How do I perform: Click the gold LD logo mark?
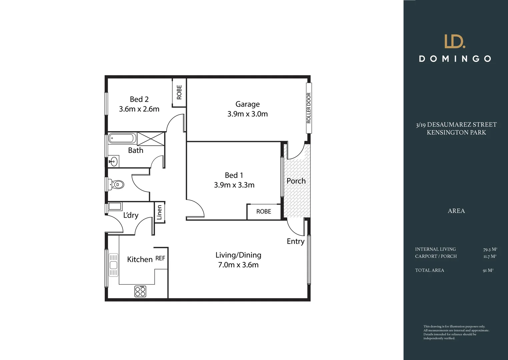tap(455, 41)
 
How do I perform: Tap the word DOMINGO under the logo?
tap(455, 59)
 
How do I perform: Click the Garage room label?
tap(247, 104)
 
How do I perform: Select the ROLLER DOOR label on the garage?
tap(309, 108)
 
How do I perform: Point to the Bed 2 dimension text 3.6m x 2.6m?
tap(139, 109)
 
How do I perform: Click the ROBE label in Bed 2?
tap(179, 92)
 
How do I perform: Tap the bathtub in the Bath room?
tap(122, 138)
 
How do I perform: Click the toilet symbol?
tap(116, 184)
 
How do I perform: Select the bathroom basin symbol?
tap(113, 162)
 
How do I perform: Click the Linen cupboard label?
tap(159, 212)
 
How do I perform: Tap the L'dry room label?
tap(131, 215)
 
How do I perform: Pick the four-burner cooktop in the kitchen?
tap(140, 291)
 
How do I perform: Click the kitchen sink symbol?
tap(113, 265)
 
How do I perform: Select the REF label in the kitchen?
tap(160, 258)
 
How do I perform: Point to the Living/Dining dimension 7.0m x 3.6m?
tap(238, 265)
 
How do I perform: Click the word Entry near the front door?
tap(296, 241)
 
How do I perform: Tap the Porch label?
tap(296, 181)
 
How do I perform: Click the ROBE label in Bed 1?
tap(264, 211)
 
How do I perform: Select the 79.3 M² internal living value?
tap(490, 249)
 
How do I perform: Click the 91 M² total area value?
tap(488, 270)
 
